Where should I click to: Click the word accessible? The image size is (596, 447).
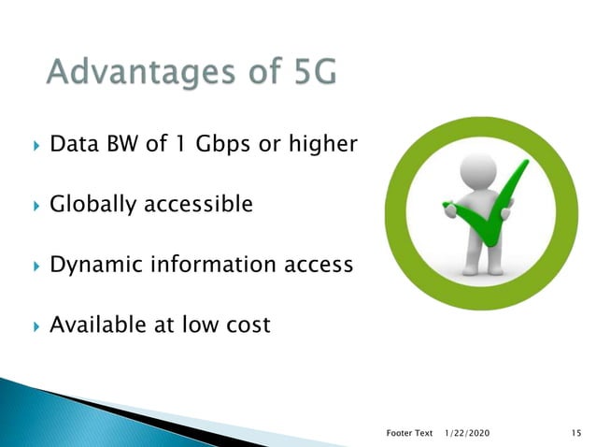point(196,204)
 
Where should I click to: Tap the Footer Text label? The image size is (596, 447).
point(409,433)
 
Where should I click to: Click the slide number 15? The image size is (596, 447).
point(575,433)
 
